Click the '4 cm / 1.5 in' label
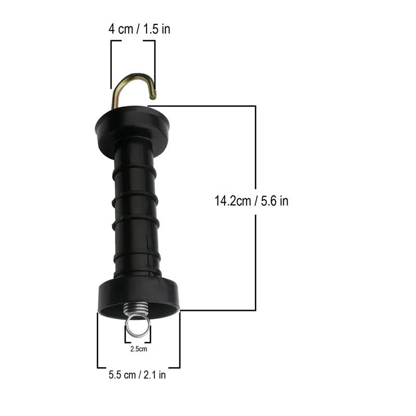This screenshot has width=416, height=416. [x=139, y=29]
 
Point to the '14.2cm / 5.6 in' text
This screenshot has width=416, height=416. [x=251, y=201]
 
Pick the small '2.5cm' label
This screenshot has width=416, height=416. [x=138, y=349]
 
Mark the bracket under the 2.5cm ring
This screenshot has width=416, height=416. [x=138, y=342]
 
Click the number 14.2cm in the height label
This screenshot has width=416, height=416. [x=232, y=201]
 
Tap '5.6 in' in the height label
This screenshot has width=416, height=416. [x=275, y=201]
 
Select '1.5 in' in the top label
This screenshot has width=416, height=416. [x=158, y=29]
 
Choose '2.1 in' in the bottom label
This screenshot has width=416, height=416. [x=155, y=374]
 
